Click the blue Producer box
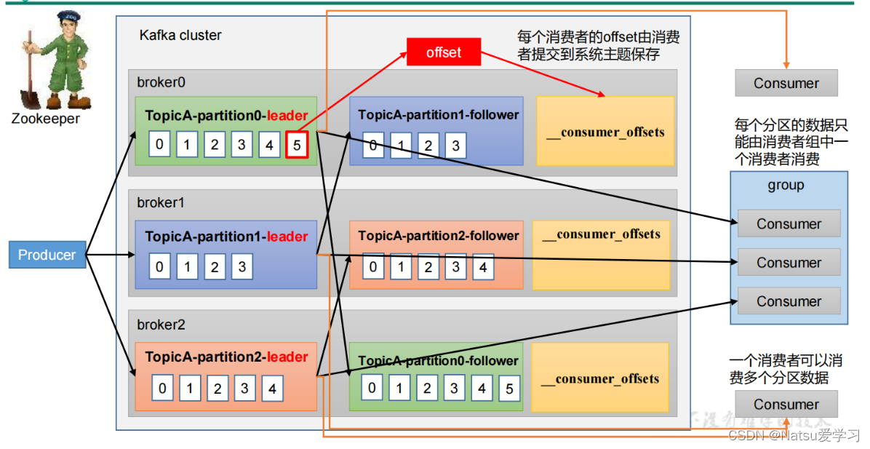[47, 255]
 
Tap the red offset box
[444, 52]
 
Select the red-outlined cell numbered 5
[297, 144]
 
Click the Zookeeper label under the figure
[45, 119]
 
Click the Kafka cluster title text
[180, 35]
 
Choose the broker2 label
[161, 325]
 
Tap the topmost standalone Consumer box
[786, 83]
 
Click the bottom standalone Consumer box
[786, 405]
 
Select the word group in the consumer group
[786, 185]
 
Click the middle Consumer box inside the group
[789, 263]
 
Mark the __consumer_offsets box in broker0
[605, 131]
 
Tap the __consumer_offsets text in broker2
[601, 378]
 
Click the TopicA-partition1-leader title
[226, 237]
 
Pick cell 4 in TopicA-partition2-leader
[271, 389]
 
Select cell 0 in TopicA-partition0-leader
[159, 144]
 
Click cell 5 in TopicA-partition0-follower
[509, 388]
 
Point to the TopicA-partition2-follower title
[439, 236]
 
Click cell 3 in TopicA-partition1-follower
[455, 146]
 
